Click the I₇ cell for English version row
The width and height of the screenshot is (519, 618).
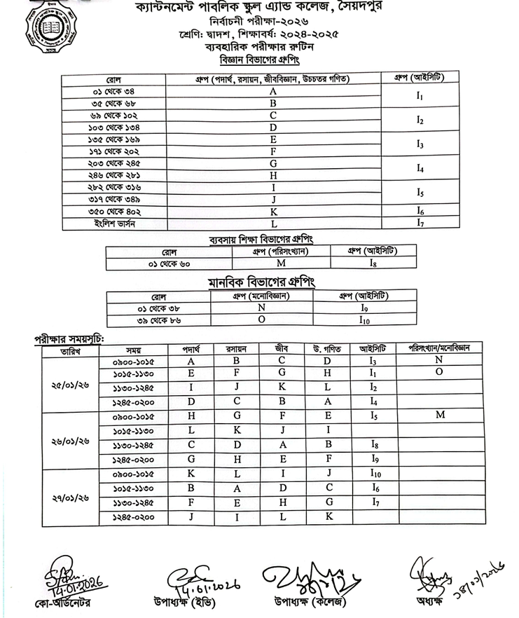pos(420,224)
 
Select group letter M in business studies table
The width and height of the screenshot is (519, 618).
pos(280,263)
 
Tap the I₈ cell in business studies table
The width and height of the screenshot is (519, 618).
pos(373,263)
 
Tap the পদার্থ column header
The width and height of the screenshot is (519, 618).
pos(191,348)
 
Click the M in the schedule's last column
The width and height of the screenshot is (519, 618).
pos(440,416)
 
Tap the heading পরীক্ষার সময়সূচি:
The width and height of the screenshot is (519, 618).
pos(69,338)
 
